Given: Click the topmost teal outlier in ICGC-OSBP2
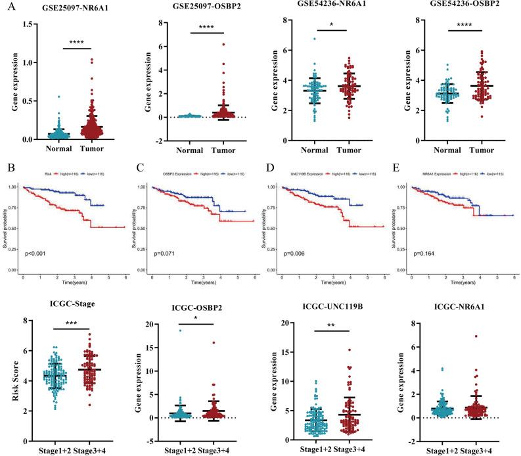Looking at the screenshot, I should [178, 331].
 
